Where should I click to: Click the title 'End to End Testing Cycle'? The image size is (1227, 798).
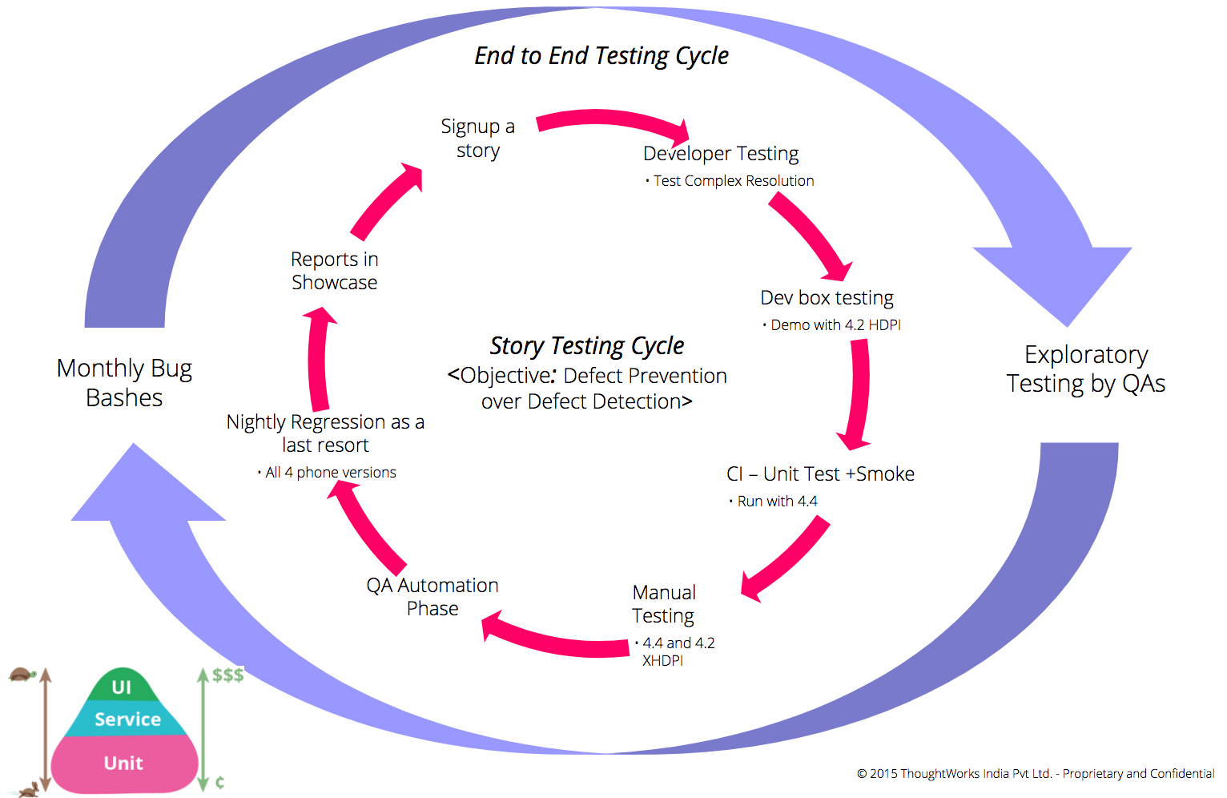point(601,56)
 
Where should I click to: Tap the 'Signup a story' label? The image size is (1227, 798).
point(478,139)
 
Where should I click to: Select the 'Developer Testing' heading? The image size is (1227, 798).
point(721,153)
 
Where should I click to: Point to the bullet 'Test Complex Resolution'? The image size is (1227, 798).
point(733,181)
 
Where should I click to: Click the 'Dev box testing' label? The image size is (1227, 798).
point(827,298)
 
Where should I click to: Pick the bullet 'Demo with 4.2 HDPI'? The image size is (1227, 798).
point(835,325)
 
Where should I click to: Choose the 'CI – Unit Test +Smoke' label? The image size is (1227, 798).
point(820,474)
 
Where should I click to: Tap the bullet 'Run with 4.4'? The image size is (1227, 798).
point(776,502)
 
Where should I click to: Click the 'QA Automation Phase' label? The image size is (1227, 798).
point(432,597)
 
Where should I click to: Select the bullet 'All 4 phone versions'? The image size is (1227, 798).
point(330,473)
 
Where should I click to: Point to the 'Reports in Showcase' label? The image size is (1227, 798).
point(335,271)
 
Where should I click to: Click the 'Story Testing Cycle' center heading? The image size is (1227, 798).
point(587,346)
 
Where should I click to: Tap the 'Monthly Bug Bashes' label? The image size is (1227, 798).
point(124,383)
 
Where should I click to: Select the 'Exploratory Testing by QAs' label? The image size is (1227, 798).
point(1086,369)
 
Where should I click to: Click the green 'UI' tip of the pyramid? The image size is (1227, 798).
point(122,687)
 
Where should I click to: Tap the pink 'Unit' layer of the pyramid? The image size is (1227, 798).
point(123,764)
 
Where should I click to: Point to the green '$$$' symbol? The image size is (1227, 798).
point(228,675)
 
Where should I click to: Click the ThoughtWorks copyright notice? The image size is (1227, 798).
point(1035,774)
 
